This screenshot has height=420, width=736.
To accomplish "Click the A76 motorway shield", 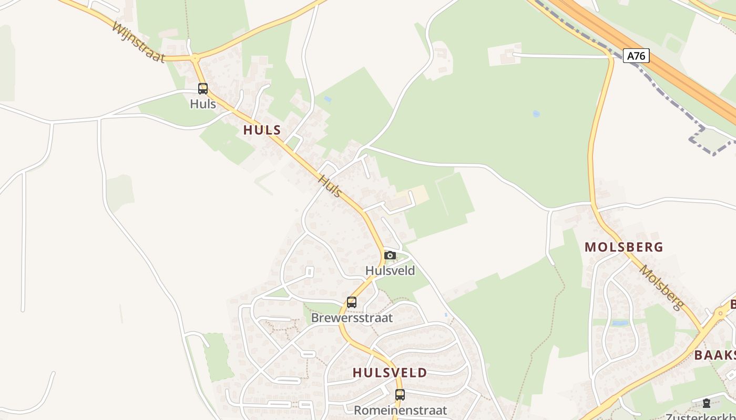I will (x=636, y=56).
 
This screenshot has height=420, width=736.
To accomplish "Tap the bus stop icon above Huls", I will (x=203, y=89).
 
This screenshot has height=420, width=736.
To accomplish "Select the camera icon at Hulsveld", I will (x=390, y=256).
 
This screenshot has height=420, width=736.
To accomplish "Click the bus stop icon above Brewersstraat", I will (x=352, y=302).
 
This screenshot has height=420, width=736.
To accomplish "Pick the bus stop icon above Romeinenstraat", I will (x=400, y=395).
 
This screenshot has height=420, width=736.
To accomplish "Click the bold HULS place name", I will (x=262, y=130).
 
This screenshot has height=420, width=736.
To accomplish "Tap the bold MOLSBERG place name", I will (x=623, y=247).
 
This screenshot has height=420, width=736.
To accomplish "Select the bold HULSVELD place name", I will (x=390, y=373).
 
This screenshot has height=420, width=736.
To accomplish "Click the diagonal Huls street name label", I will (x=330, y=186).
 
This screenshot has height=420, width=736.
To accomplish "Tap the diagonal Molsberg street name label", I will (x=661, y=287).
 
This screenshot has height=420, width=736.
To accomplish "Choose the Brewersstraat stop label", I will (x=352, y=318).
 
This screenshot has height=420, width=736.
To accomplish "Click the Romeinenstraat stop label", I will (x=400, y=410).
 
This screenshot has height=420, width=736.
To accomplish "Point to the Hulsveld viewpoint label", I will (x=390, y=271).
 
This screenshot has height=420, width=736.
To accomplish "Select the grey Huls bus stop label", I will (x=203, y=104).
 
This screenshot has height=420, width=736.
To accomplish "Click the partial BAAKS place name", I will (x=715, y=355).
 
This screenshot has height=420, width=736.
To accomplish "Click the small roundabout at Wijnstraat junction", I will (x=195, y=57).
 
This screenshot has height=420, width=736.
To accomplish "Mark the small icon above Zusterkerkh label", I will (x=706, y=403).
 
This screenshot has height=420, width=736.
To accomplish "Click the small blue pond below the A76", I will (x=536, y=113).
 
